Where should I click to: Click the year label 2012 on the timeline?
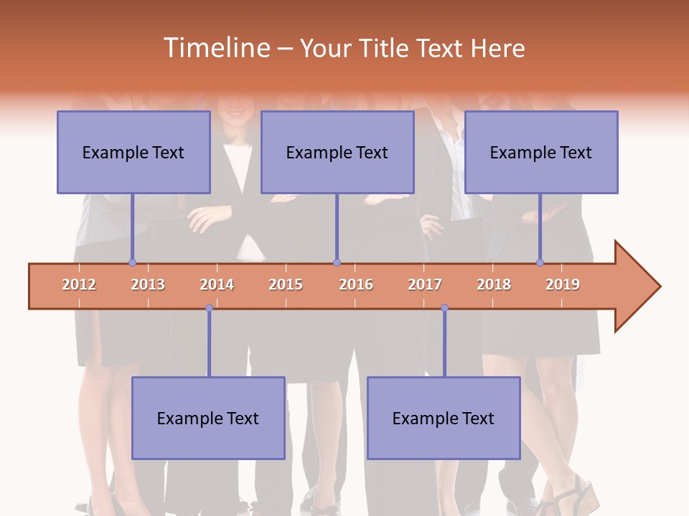pyautogui.click(x=79, y=285)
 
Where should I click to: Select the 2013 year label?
pyautogui.click(x=148, y=285)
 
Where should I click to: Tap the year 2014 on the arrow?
pyautogui.click(x=217, y=285)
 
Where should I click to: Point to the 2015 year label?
pyautogui.click(x=286, y=285)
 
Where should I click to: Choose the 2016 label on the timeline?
pyautogui.click(x=356, y=285)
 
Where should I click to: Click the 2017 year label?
pyautogui.click(x=425, y=285)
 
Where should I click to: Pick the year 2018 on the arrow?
pyautogui.click(x=494, y=285)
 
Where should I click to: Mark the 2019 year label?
pyautogui.click(x=563, y=285)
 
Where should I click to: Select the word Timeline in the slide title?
pyautogui.click(x=216, y=48)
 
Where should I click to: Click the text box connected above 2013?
pyautogui.click(x=133, y=152)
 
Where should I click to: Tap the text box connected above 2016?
pyautogui.click(x=337, y=152)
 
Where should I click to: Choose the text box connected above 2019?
pyautogui.click(x=541, y=152)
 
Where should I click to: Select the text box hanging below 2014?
pyautogui.click(x=208, y=418)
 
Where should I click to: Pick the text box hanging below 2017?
pyautogui.click(x=444, y=418)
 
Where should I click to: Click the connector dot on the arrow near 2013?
pyautogui.click(x=132, y=262)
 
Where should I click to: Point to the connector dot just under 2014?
pyautogui.click(x=209, y=308)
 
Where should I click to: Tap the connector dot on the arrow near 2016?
pyautogui.click(x=337, y=262)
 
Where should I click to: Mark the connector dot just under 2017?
pyautogui.click(x=444, y=308)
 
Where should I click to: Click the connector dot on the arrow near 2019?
pyautogui.click(x=540, y=262)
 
